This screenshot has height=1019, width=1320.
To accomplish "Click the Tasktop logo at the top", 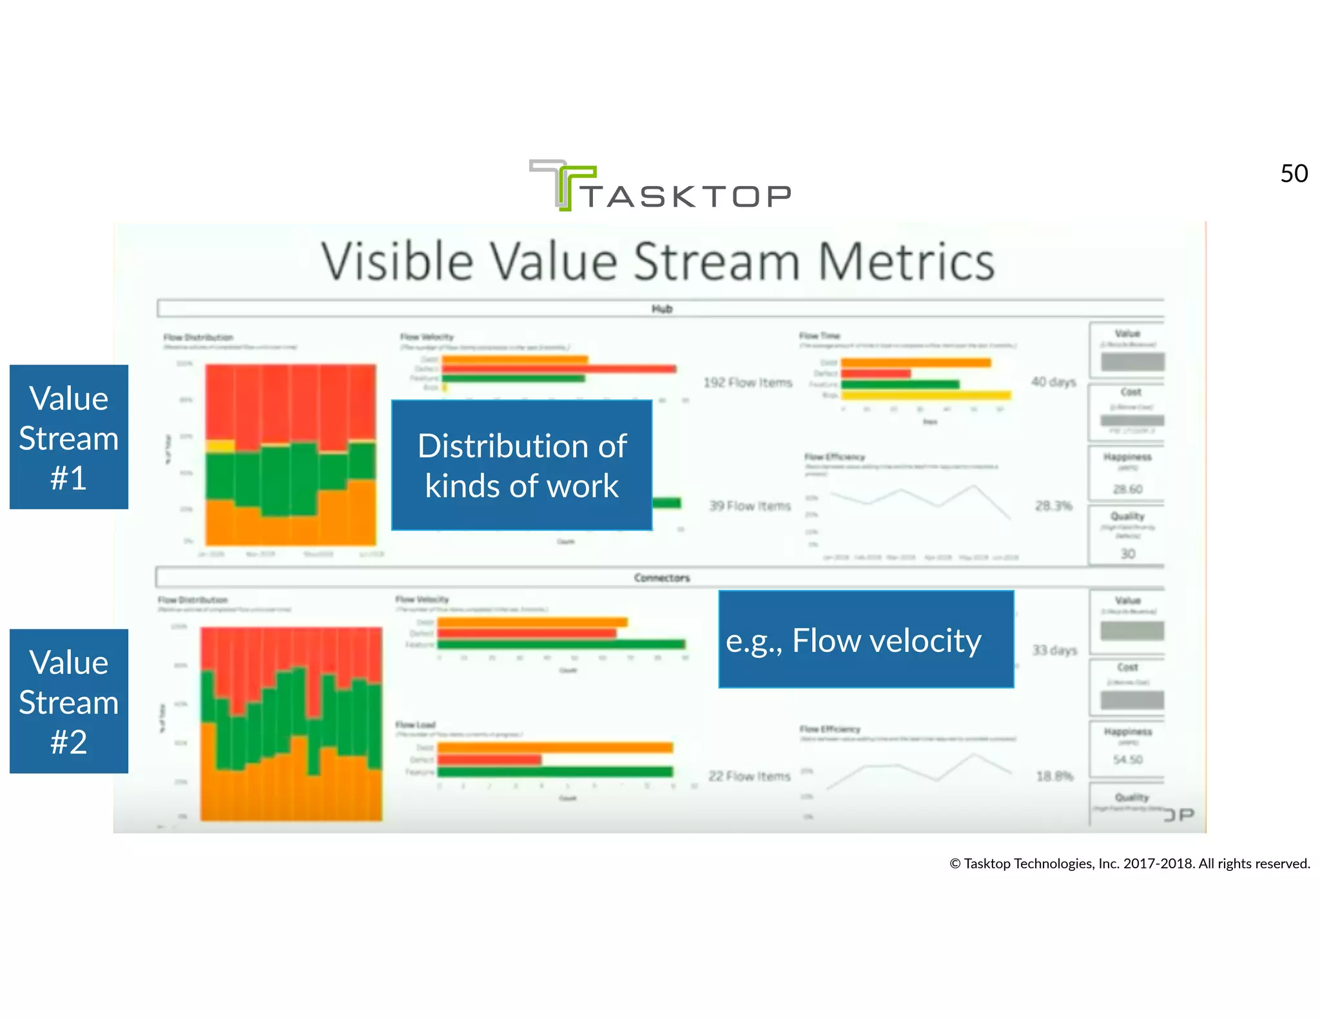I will (x=660, y=186).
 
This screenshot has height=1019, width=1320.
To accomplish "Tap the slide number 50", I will (x=1294, y=174).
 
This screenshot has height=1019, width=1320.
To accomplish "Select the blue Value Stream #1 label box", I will (x=69, y=437).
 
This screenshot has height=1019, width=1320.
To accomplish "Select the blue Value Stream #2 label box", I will (x=69, y=701).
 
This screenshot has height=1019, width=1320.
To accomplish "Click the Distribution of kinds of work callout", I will (x=521, y=465).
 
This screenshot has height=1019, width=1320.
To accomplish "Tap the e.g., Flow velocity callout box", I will (x=866, y=640).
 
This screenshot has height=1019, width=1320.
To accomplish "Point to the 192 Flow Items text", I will (x=748, y=383).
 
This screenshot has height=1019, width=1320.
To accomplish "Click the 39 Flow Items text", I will (x=750, y=506).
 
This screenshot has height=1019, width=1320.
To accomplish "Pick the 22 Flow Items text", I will (x=749, y=776).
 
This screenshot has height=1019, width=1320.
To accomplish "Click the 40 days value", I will (x=1053, y=382).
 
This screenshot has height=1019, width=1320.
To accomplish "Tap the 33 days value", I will (x=1054, y=650).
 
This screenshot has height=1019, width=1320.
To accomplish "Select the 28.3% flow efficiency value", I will (x=1053, y=506).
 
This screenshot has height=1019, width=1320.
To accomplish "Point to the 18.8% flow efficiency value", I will (x=1054, y=776).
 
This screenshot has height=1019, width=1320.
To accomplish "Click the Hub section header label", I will (x=661, y=309).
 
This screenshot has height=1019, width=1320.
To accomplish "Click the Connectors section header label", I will (x=661, y=578).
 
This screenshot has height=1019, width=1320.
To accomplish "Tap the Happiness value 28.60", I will (x=1127, y=490).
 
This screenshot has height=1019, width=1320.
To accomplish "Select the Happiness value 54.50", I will (x=1127, y=759).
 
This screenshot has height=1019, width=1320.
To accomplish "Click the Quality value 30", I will (x=1127, y=554).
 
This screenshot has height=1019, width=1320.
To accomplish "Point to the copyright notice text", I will (x=1129, y=864).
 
